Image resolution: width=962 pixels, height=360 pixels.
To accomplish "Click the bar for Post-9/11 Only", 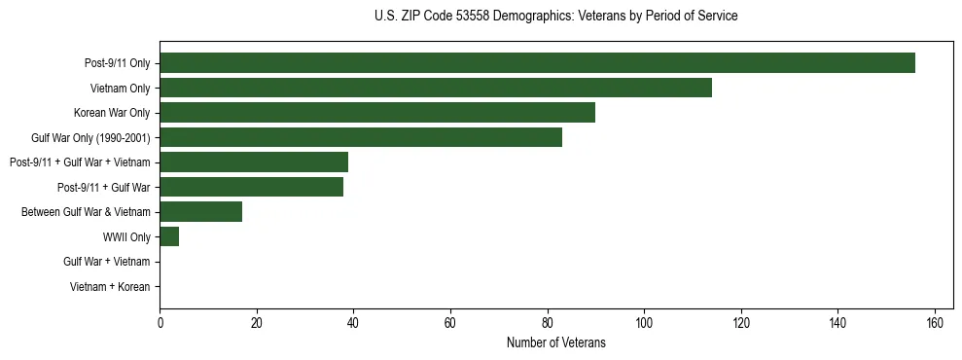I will pyautogui.click(x=537, y=63).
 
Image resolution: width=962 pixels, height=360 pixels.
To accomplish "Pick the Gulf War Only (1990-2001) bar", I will pyautogui.click(x=360, y=137).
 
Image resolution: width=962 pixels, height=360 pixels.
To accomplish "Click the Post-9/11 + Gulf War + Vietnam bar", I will pyautogui.click(x=254, y=162).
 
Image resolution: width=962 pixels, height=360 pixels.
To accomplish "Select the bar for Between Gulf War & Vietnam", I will pyautogui.click(x=200, y=211).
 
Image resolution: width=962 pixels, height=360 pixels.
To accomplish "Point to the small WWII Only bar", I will pyautogui.click(x=169, y=236).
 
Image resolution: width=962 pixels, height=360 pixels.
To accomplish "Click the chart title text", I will pyautogui.click(x=555, y=17).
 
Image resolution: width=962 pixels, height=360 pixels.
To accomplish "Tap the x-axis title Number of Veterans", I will pyautogui.click(x=555, y=342).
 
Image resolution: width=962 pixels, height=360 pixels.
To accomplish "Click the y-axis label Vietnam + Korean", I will pyautogui.click(x=110, y=287).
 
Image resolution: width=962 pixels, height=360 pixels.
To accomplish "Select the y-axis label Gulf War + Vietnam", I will pyautogui.click(x=106, y=262).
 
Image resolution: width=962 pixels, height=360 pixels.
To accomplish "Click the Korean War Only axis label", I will pyautogui.click(x=112, y=113).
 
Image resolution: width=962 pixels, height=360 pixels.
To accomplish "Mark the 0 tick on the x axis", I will pyautogui.click(x=160, y=322).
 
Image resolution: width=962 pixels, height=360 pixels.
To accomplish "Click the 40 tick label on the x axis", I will pyautogui.click(x=353, y=322).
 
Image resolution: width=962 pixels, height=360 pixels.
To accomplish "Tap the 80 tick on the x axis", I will pyautogui.click(x=547, y=322).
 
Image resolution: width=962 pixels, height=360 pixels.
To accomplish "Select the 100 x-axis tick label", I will pyautogui.click(x=644, y=322).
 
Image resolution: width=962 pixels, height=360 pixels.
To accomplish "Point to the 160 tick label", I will pyautogui.click(x=935, y=322).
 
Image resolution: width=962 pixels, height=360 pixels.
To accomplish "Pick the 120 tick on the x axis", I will pyautogui.click(x=741, y=322).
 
